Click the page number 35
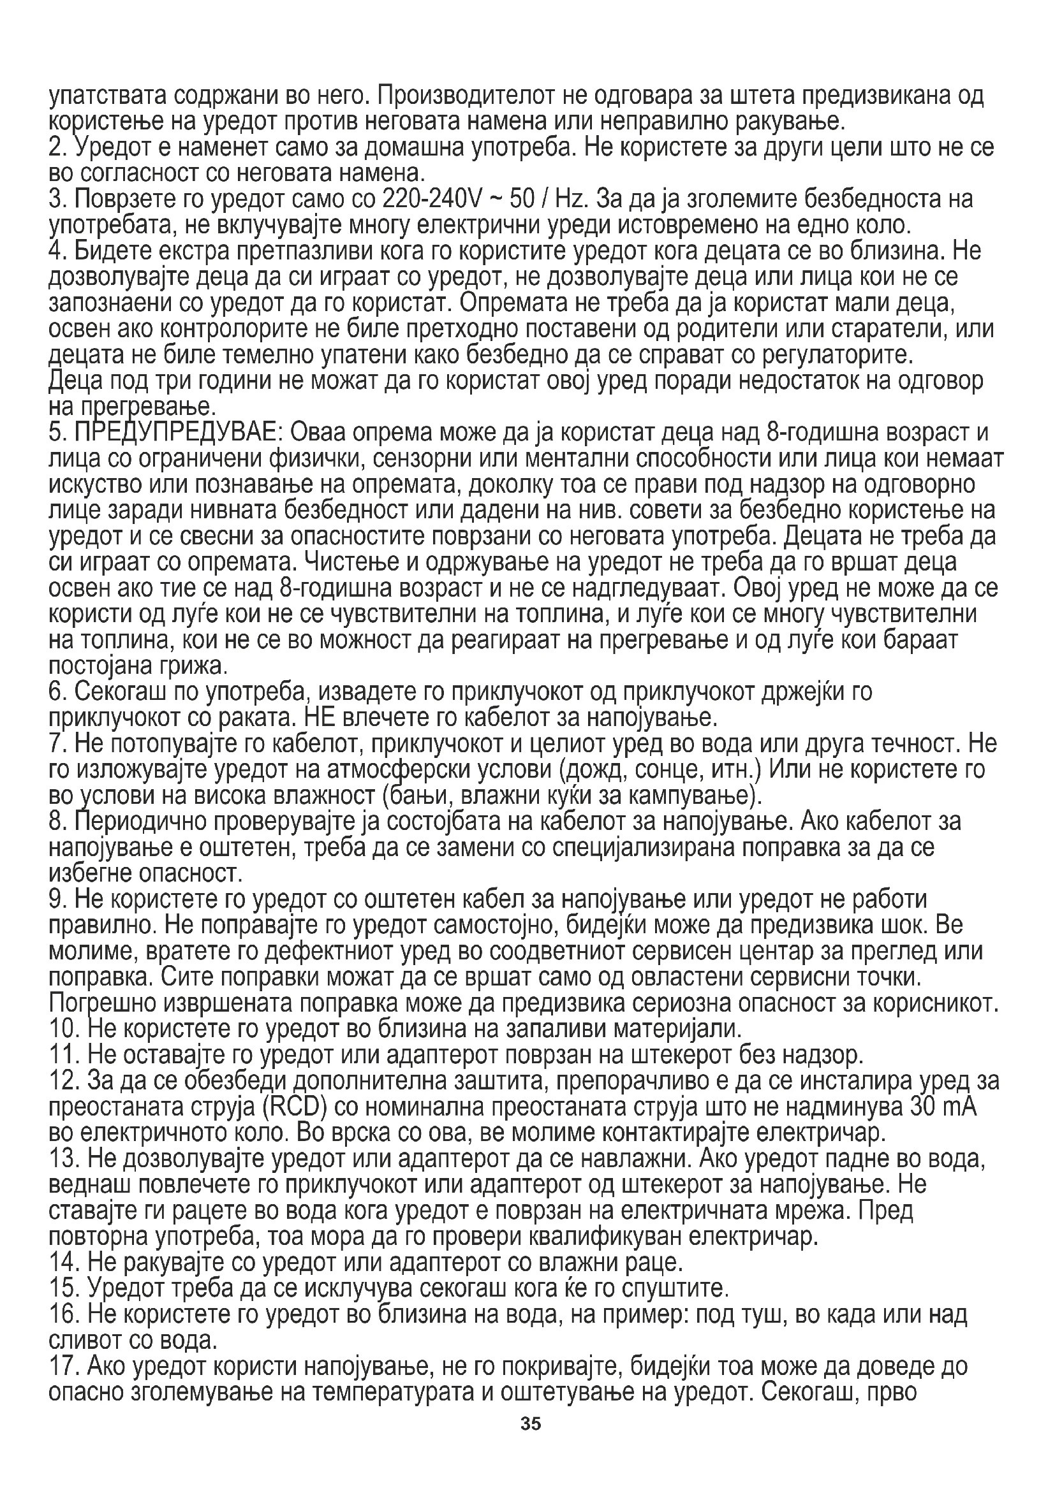pyautogui.click(x=530, y=1444)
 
